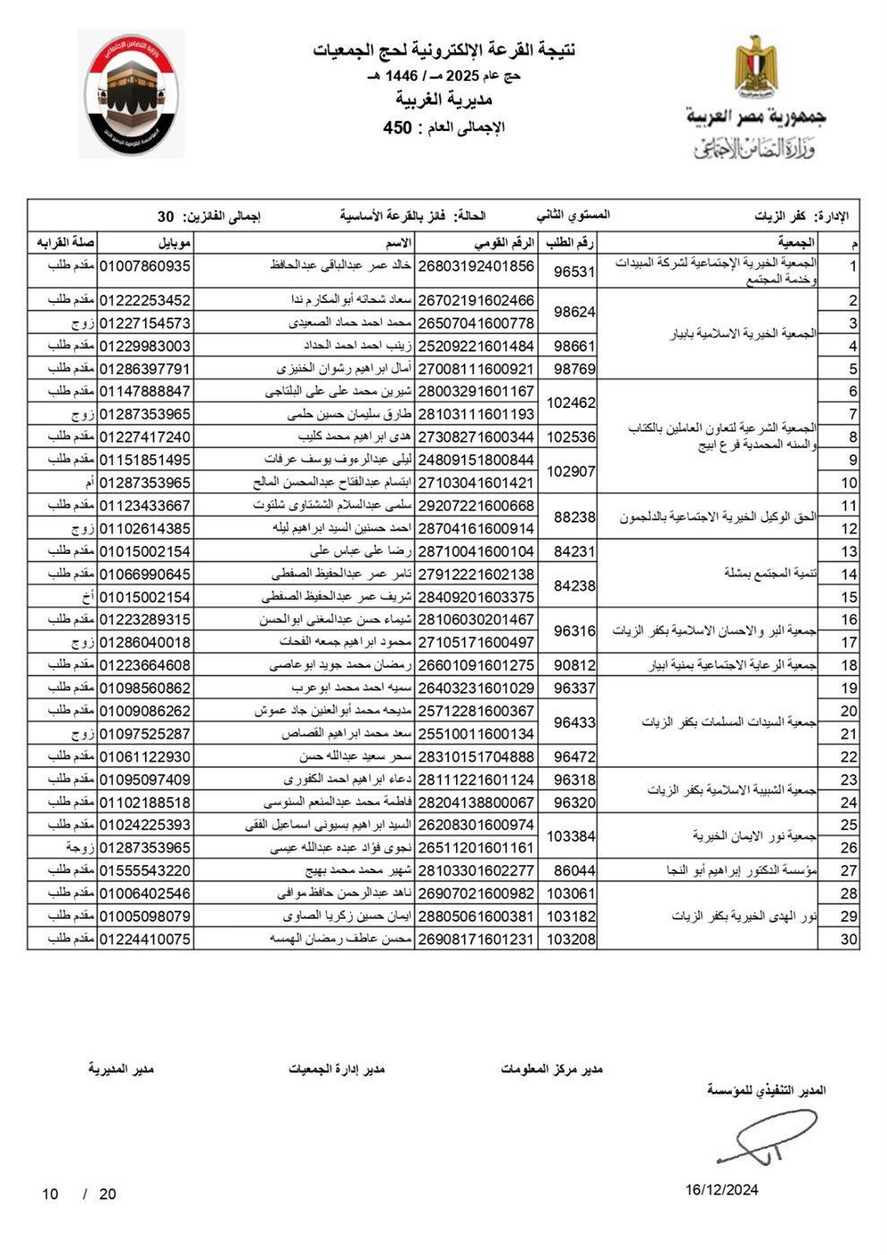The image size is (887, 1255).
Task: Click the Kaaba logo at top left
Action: tap(133, 95)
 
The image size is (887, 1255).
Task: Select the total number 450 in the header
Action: tap(398, 127)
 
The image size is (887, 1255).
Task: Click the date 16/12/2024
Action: tap(722, 1190)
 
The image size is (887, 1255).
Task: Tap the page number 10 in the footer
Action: tap(50, 1194)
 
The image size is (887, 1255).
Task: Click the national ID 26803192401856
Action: tap(476, 266)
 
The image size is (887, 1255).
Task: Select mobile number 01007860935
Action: tap(144, 266)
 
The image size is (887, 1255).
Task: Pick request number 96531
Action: tap(574, 271)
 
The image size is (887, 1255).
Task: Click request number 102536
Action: tap(571, 437)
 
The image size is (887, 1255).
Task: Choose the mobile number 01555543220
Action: tap(144, 870)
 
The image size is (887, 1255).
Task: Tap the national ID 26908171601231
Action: tap(476, 939)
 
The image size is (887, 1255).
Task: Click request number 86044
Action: tap(574, 870)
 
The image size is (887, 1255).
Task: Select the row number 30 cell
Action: tap(848, 939)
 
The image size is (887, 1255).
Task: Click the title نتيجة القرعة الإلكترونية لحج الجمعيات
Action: tap(444, 50)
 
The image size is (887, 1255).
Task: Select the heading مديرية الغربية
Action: tap(444, 99)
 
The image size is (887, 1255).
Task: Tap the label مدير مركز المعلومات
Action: tap(552, 1069)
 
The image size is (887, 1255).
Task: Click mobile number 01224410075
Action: tap(144, 939)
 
